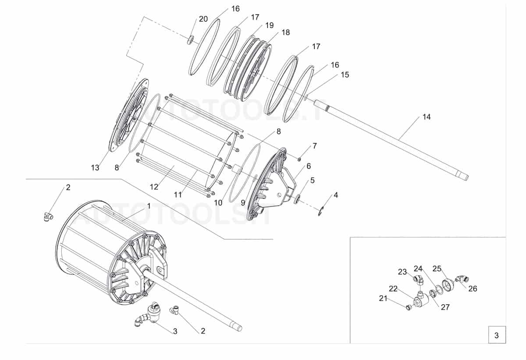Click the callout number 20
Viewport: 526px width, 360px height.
coord(203,19)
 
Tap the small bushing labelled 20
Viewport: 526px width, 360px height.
coord(191,40)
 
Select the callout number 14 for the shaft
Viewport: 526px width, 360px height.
coord(426,117)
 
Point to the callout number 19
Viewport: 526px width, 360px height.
coord(269,25)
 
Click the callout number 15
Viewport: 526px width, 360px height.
coord(345,75)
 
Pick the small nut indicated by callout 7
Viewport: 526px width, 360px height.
coord(299,158)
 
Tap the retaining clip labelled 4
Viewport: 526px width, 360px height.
coord(320,212)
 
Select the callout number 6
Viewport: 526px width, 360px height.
coord(308,166)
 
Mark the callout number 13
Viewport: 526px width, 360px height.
coord(95,168)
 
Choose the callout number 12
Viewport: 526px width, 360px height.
coord(154,187)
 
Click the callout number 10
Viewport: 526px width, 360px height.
coord(218,203)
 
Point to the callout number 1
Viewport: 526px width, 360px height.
coord(149,205)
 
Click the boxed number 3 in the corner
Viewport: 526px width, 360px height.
coord(496,336)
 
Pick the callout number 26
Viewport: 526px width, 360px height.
coord(473,289)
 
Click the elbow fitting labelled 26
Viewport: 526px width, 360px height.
coord(462,278)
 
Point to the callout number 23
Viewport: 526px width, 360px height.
coord(402,272)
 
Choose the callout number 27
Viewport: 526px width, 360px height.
coord(445,307)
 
